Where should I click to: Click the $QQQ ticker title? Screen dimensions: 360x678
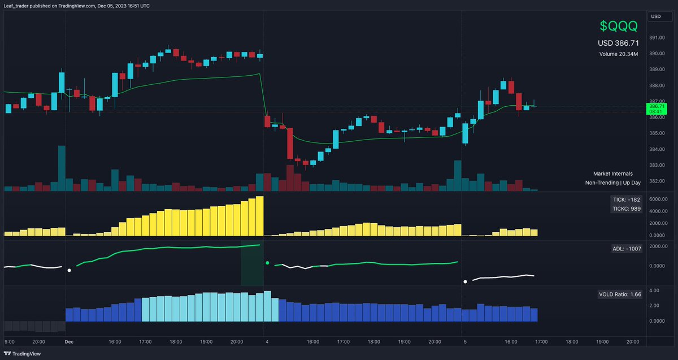click(618, 26)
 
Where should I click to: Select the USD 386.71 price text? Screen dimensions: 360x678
click(618, 43)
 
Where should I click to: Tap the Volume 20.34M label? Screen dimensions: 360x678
click(619, 54)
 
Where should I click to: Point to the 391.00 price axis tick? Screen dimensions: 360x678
click(656, 38)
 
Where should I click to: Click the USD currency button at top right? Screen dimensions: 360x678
click(656, 16)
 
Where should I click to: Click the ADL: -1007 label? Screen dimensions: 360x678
click(626, 248)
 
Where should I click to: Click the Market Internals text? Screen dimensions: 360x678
click(612, 174)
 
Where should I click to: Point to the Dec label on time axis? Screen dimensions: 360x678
click(69, 342)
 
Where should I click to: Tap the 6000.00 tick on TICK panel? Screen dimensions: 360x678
click(658, 199)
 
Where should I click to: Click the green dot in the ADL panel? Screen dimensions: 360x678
click(267, 263)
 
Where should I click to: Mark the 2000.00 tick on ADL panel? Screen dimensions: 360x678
click(658, 246)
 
